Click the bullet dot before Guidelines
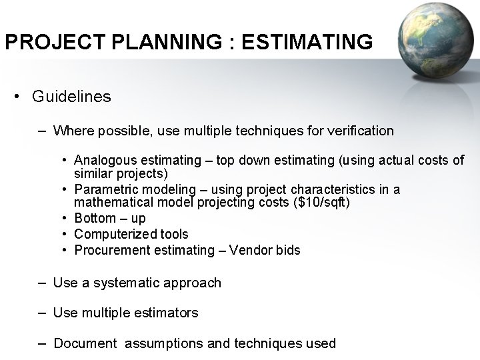point(17,97)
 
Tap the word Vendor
point(253,250)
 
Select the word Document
point(84,343)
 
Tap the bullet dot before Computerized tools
point(65,234)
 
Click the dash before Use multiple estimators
point(42,313)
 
